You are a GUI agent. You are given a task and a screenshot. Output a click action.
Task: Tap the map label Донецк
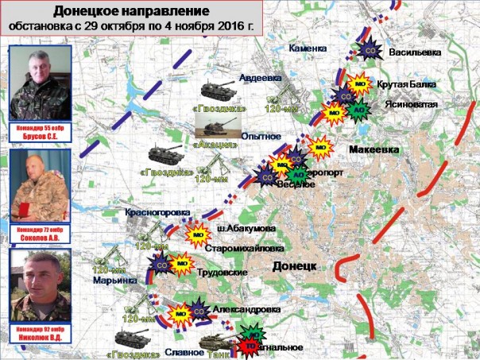(x=295, y=265)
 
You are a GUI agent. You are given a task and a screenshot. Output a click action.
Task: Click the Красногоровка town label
(x=157, y=213)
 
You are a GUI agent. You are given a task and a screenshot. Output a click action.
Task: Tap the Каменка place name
(x=308, y=48)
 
